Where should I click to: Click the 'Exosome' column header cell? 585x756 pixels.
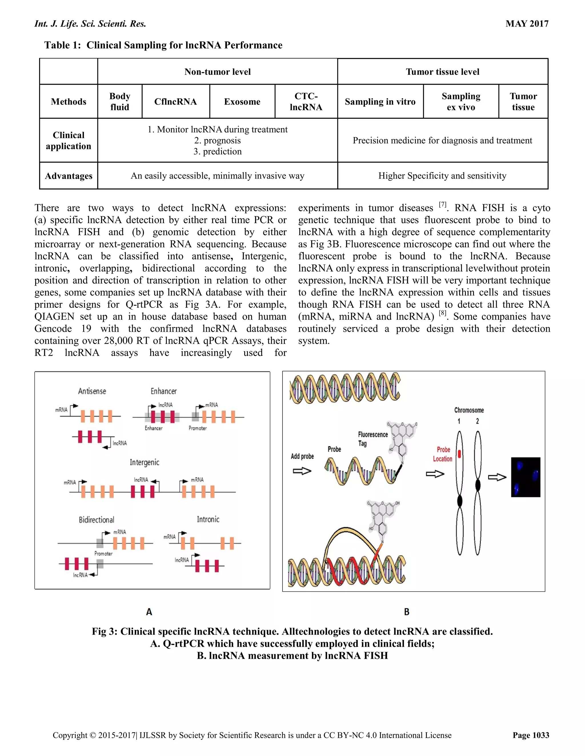coord(242,102)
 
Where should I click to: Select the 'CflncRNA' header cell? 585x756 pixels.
coord(175,102)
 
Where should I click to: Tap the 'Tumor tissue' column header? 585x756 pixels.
coord(523,102)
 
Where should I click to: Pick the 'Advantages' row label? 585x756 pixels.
coord(69,176)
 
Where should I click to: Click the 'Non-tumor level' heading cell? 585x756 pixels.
coord(217,72)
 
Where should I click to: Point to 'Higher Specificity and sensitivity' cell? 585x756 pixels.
coord(442,176)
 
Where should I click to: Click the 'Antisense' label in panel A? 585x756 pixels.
coord(92,391)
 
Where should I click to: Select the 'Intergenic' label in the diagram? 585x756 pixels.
coord(145,462)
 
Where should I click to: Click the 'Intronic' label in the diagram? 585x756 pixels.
coord(208,519)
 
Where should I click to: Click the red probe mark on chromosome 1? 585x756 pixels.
coord(460,454)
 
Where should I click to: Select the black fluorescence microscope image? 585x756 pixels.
coord(525,477)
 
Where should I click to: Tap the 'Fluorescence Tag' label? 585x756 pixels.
coord(372,439)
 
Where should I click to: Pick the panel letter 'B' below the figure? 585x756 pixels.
coord(406,612)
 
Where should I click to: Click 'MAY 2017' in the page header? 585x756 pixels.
coord(527,24)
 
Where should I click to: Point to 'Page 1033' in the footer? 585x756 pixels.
coord(531,735)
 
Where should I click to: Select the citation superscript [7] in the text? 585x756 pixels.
coord(442,205)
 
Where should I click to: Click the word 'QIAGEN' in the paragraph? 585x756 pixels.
coord(54,317)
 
